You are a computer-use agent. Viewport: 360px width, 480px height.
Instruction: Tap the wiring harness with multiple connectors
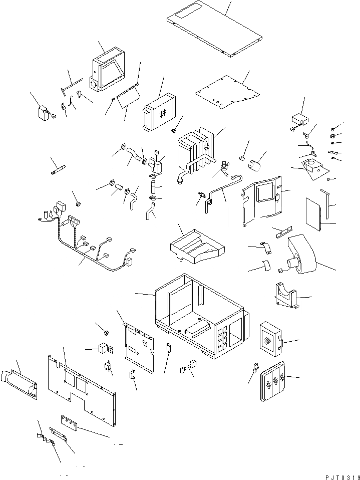click(90, 241)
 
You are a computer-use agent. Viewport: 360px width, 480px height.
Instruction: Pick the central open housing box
click(200, 316)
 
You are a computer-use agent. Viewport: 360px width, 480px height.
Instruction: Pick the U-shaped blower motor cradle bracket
click(286, 296)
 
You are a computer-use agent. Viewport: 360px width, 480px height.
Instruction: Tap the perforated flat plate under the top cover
click(228, 93)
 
